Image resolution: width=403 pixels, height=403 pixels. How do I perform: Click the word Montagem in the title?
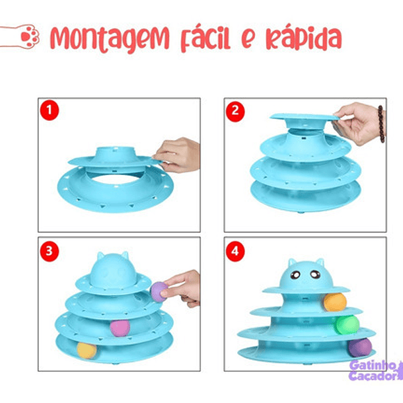click(x=110, y=38)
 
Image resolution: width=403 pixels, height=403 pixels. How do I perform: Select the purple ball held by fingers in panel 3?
click(x=160, y=291)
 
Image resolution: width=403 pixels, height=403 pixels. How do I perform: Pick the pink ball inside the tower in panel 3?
click(x=119, y=328)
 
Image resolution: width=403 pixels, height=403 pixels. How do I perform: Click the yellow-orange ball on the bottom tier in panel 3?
click(x=86, y=350)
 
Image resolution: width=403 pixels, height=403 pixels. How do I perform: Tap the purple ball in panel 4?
click(x=361, y=348)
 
